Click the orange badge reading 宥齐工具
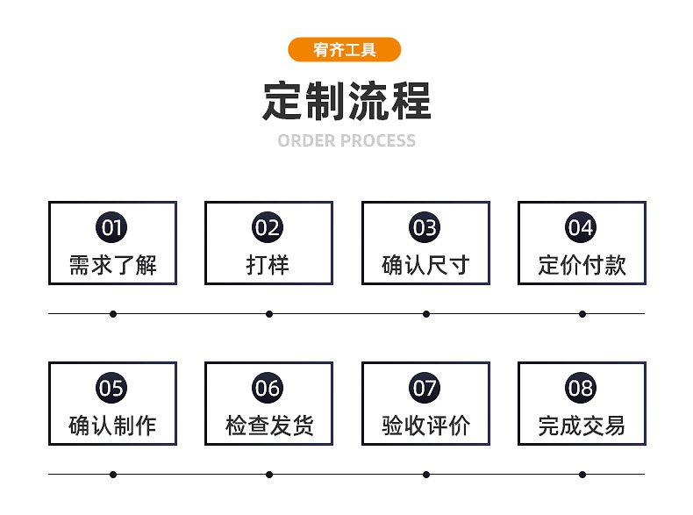344,50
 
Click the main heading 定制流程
346,101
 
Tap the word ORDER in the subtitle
306,141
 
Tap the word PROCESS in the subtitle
377,141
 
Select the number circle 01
111,228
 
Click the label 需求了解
112,265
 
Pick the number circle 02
268,228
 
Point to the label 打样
268,265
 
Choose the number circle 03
425,228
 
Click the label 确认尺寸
425,265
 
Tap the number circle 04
581,228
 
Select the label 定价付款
582,265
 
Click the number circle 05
111,388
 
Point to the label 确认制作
112,426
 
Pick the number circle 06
268,388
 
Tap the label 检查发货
268,426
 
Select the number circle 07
425,388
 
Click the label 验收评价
425,426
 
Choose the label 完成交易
582,426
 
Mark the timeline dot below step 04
582,313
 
